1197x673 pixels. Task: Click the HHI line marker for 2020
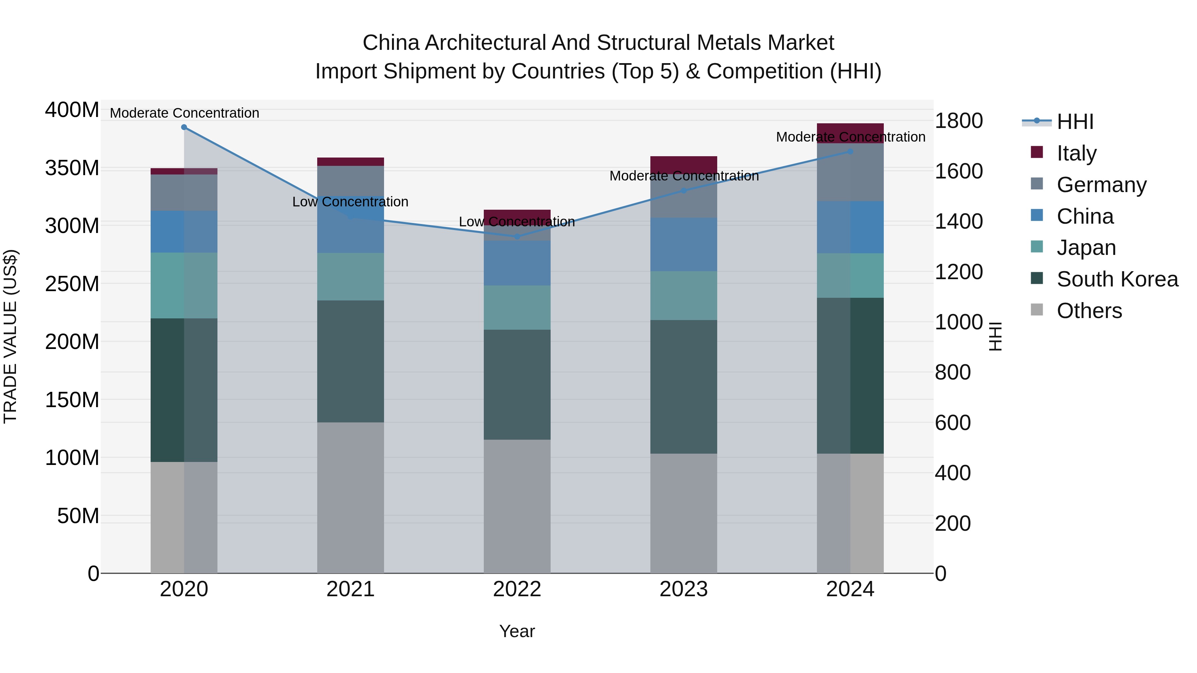click(184, 127)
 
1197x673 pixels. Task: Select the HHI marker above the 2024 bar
click(850, 152)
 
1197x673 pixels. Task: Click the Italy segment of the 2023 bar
click(684, 165)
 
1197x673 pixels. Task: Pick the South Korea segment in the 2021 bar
click(350, 361)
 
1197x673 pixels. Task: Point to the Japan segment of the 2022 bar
click(517, 307)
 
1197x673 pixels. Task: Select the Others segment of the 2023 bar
click(684, 513)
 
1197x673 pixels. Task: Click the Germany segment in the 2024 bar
click(850, 172)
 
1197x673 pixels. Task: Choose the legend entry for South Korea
click(1117, 279)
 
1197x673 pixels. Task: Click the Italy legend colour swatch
click(1037, 152)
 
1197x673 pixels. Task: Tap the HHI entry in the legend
click(1075, 122)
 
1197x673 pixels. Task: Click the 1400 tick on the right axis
click(958, 222)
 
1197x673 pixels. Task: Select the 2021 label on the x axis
click(350, 589)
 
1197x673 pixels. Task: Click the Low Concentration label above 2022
click(517, 222)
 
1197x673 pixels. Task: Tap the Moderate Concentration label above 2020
click(185, 113)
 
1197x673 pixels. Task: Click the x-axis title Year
click(517, 631)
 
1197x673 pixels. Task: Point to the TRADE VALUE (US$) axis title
click(10, 336)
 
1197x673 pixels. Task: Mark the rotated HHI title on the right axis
click(995, 336)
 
